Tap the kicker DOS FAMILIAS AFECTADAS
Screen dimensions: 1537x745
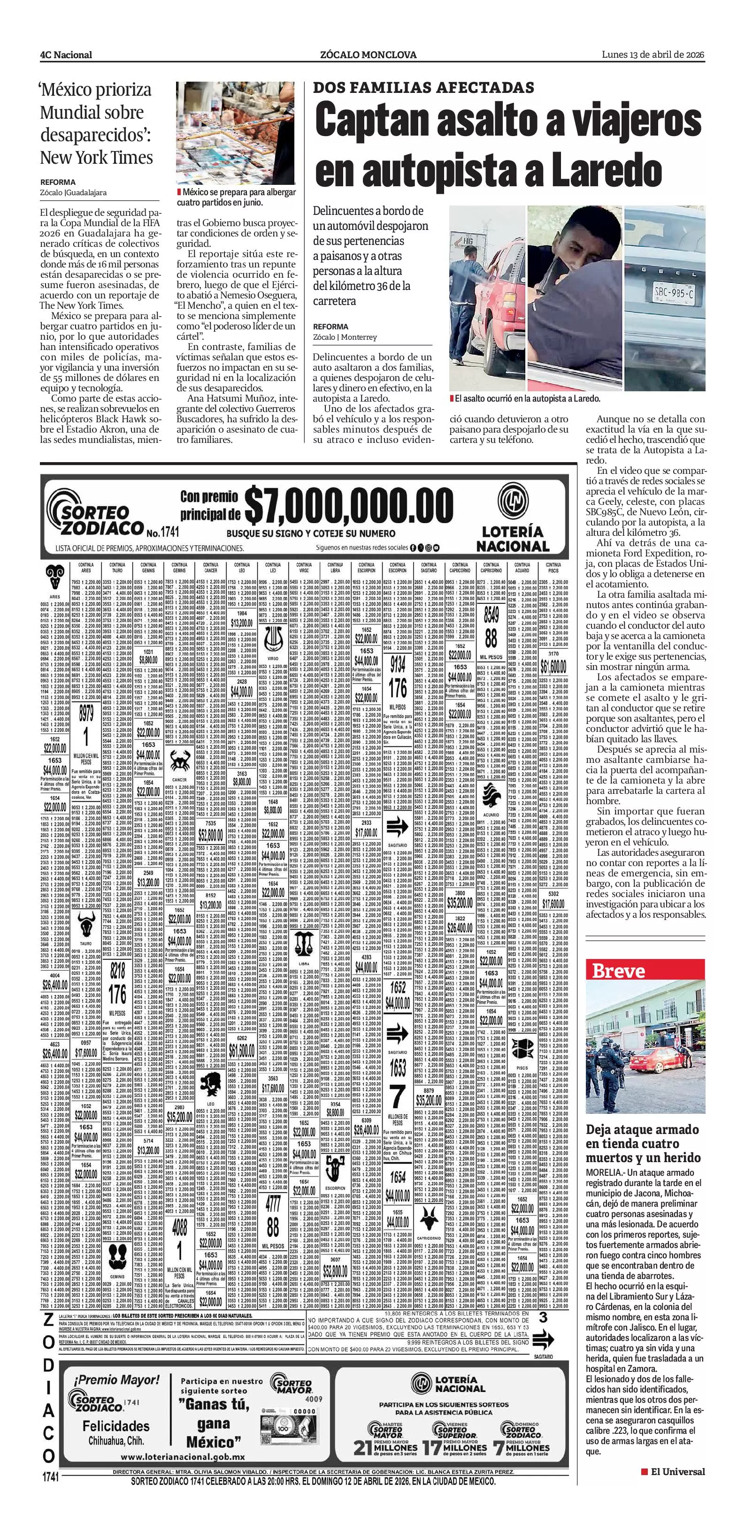(x=423, y=88)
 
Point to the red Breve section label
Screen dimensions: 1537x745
(x=618, y=971)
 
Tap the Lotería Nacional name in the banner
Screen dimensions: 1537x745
(x=512, y=538)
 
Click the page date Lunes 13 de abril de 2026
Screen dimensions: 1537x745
(x=653, y=55)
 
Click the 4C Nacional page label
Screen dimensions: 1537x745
(x=66, y=55)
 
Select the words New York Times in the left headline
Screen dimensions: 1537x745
(x=96, y=158)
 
